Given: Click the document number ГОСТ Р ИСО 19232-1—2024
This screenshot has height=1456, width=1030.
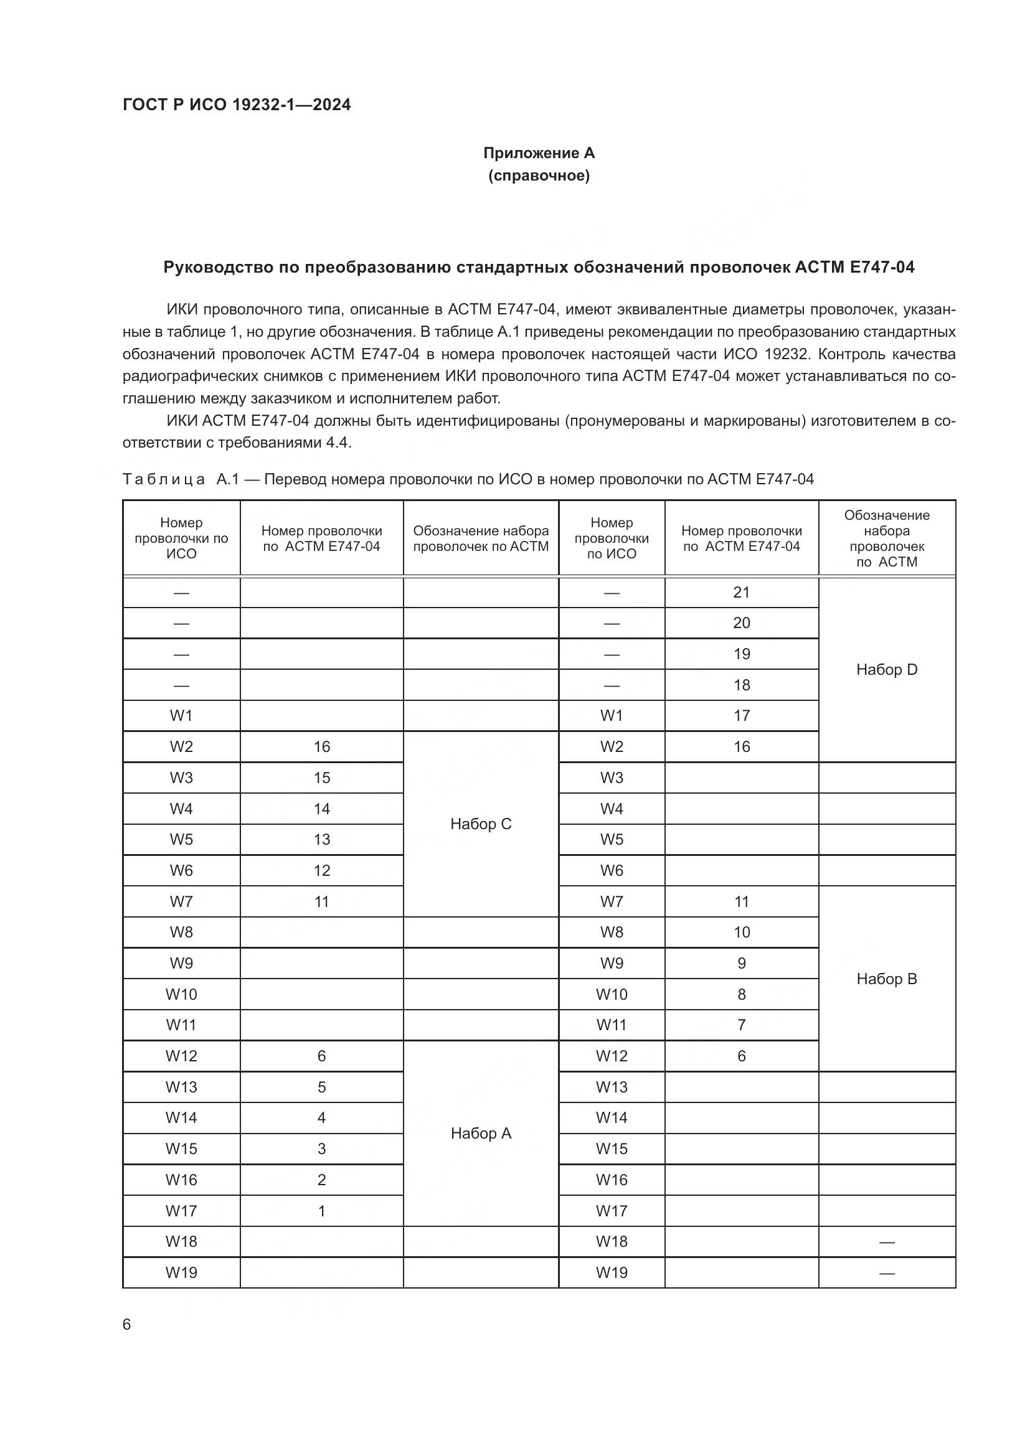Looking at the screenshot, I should coord(236,105).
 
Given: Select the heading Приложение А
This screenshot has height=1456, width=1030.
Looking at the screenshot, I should coord(539,153).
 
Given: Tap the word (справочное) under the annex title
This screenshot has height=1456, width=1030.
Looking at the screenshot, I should coord(539,176).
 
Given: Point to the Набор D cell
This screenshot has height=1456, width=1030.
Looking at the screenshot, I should coord(886,670).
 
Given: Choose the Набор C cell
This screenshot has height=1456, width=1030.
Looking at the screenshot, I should coord(480,824).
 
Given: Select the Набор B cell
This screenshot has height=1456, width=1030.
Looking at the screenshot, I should coord(886,979).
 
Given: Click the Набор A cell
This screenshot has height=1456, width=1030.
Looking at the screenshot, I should coord(480,1133).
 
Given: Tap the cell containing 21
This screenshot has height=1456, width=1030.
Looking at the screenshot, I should coord(741,592).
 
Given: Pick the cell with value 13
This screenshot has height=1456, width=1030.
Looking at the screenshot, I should coord(321,840).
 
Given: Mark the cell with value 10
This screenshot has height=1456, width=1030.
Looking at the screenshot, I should coord(741,932).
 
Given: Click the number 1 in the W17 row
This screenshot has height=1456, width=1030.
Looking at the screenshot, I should coord(321,1211).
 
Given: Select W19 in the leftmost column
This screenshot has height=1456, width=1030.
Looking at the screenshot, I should coord(181,1273).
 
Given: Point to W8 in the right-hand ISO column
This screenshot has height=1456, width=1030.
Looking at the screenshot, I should coord(612,932).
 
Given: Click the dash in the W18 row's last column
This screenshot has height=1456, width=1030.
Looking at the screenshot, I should coord(886,1242).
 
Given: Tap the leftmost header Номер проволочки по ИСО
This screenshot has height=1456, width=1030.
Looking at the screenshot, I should coord(181,538).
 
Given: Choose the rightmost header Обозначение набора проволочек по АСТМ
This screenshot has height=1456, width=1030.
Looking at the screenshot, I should coord(886,538).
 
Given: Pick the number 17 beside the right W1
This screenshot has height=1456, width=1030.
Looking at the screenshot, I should coord(741,716).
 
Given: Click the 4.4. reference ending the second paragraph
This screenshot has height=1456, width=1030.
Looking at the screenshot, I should coord(339,443).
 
